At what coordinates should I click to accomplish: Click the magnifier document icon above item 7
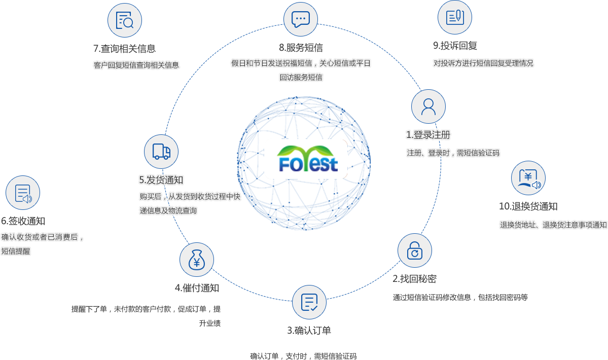coord(124,21)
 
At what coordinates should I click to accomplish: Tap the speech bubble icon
coord(300,19)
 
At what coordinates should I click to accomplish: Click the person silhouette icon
coord(428,106)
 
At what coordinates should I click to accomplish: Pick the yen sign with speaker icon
coord(528,178)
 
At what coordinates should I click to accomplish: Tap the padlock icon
coord(415,250)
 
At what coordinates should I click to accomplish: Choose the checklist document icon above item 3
coord(309,303)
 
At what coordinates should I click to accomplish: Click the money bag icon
coord(197,260)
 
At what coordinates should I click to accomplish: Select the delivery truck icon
coord(161,152)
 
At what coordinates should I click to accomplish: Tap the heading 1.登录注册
coord(428,135)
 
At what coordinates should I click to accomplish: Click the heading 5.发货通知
coord(161,179)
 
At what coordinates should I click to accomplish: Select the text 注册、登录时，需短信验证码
coord(453,153)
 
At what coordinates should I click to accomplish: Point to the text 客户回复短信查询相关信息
coord(136,65)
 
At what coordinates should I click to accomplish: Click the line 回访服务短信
coord(301,77)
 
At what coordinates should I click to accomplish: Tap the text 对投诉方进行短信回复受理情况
coord(483,63)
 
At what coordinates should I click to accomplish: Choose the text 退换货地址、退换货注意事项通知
coord(553,225)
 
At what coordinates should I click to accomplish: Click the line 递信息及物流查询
coord(168,210)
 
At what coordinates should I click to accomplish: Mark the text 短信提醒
coord(16,250)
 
